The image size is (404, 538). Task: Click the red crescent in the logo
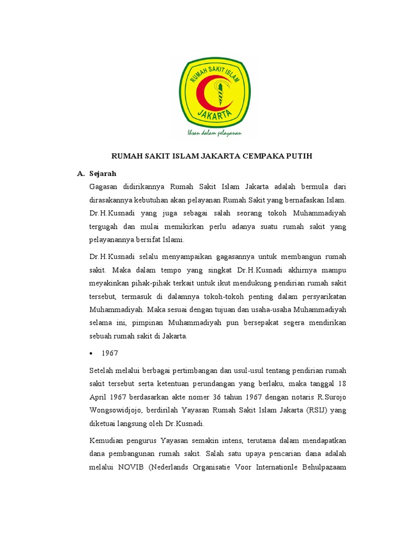pyautogui.click(x=201, y=95)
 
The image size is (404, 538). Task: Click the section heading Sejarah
pyautogui.click(x=103, y=173)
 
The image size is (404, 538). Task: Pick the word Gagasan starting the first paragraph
pyautogui.click(x=104, y=187)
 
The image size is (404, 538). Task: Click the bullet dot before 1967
pyautogui.click(x=93, y=354)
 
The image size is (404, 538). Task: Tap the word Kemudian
pyautogui.click(x=107, y=440)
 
